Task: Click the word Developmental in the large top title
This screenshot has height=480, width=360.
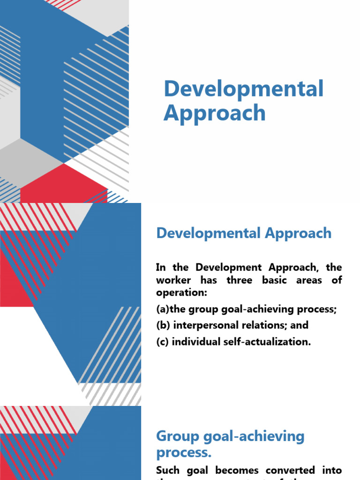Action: tap(243, 89)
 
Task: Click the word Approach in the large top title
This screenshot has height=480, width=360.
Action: tap(214, 113)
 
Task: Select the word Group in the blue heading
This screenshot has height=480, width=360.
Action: tap(178, 436)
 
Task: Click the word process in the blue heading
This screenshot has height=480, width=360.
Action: tap(182, 453)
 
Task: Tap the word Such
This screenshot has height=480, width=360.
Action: tap(168, 470)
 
